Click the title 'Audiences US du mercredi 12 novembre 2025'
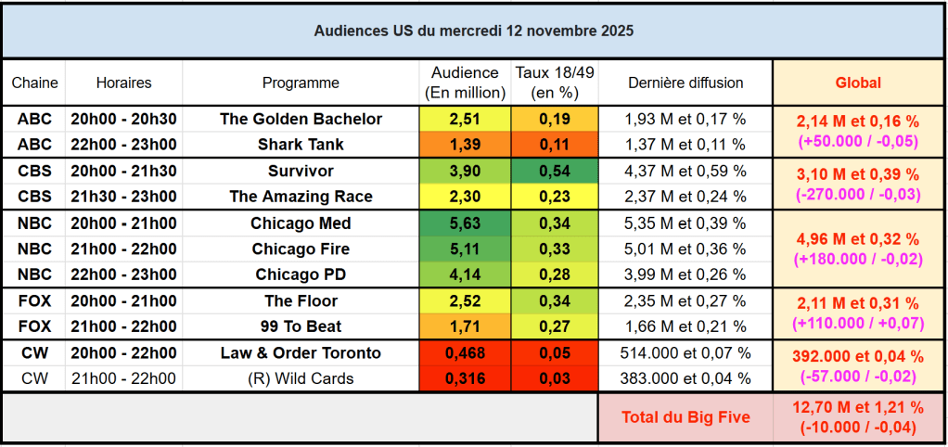coord(473,31)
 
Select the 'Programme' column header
coord(301,83)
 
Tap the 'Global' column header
coord(858,83)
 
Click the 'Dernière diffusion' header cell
coord(685,83)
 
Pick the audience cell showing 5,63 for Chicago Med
coord(465,223)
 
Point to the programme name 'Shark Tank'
coord(301,145)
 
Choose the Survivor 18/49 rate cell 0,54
coord(556,172)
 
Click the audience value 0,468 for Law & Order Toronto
coord(465,353)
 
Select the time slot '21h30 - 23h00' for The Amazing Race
coord(123,197)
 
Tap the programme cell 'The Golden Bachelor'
coord(301,119)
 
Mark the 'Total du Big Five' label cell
coord(685,417)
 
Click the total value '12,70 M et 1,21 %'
coord(858,407)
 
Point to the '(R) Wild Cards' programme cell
coord(301,378)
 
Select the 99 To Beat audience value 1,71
coord(465,326)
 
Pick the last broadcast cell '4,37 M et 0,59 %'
coord(685,172)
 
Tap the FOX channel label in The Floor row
coord(34,300)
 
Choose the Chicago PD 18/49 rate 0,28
coord(556,275)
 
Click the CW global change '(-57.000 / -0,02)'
coord(858,376)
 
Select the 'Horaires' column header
coord(123,83)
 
